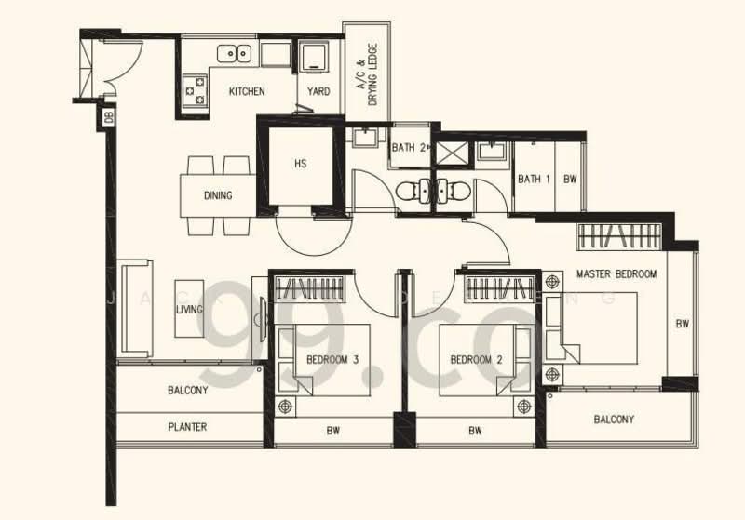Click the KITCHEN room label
[x=247, y=91]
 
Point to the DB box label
[x=108, y=117]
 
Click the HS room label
[x=300, y=164]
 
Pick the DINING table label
[x=218, y=195]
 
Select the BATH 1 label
[x=529, y=179]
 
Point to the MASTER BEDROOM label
[x=616, y=273]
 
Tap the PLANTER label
[x=187, y=428]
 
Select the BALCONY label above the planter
[x=188, y=391]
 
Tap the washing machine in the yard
[x=313, y=58]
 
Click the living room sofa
[x=135, y=308]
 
